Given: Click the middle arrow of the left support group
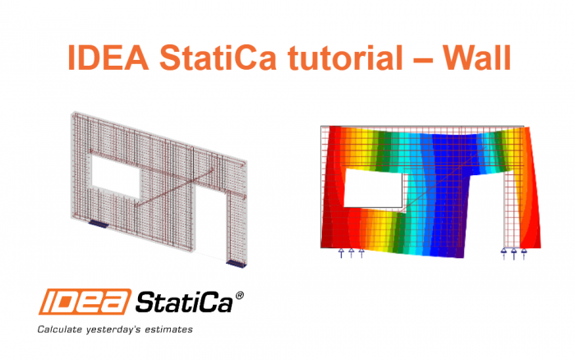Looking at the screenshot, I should [352, 253].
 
